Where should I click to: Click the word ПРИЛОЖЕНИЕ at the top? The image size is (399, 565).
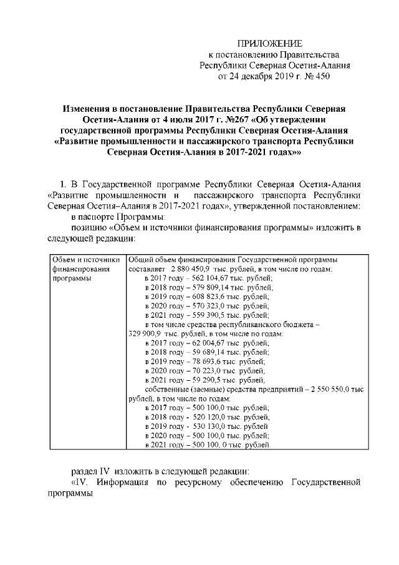tap(271, 43)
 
